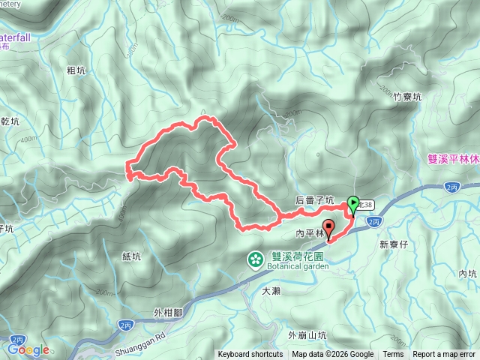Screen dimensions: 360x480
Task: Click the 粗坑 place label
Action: pyautogui.click(x=74, y=70)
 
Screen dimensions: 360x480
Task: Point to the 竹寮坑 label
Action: pyautogui.click(x=408, y=96)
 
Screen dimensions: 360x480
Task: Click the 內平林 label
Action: pyautogui.click(x=307, y=234)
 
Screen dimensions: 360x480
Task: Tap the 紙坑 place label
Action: pyautogui.click(x=130, y=256)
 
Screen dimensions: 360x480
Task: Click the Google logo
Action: pyautogui.click(x=28, y=349)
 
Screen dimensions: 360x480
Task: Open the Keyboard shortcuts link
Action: pyautogui.click(x=250, y=355)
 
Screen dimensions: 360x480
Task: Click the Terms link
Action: pyautogui.click(x=393, y=355)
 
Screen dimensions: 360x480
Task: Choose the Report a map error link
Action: pyautogui.click(x=444, y=355)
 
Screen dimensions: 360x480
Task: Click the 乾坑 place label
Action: pyautogui.click(x=10, y=120)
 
